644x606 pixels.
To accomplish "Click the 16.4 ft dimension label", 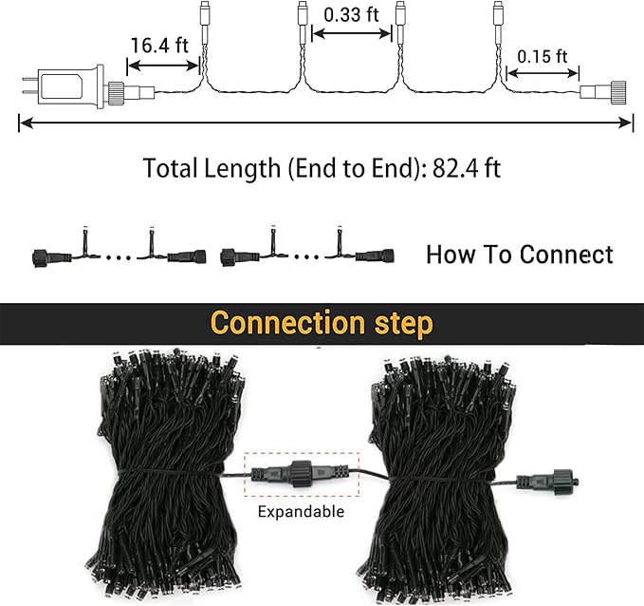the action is [x=159, y=46].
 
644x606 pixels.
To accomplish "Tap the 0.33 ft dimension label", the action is [x=351, y=15].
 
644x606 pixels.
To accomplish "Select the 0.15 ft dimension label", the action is [x=543, y=57].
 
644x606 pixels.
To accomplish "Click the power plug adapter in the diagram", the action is [x=70, y=86].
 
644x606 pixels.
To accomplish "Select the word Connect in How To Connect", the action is [x=566, y=255].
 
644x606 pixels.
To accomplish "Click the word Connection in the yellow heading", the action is [x=287, y=323].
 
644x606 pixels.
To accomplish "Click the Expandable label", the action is [x=301, y=512].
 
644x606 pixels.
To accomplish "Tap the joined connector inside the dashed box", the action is [x=302, y=474].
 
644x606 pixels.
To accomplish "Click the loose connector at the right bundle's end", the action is [x=547, y=482].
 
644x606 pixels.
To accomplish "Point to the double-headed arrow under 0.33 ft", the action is [x=352, y=33].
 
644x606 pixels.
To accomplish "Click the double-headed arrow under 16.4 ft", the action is [x=163, y=66].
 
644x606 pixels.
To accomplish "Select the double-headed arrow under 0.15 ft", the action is [x=543, y=74].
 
